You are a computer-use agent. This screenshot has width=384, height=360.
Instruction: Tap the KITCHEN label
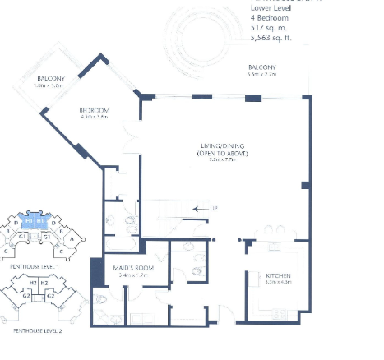[x=278, y=275]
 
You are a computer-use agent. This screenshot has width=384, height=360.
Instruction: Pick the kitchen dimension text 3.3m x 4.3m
[x=278, y=284]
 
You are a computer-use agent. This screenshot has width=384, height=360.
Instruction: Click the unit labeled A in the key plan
[x=72, y=239]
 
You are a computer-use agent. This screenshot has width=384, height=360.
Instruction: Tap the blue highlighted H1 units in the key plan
[x=34, y=223]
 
